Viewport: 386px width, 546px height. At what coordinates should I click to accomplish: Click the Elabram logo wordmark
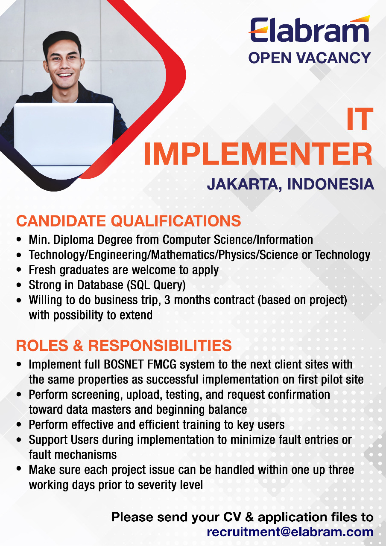(x=310, y=29)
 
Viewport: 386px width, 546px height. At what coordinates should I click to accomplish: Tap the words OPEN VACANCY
(x=310, y=58)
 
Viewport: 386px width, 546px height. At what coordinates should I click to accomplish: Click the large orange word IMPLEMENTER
(x=258, y=154)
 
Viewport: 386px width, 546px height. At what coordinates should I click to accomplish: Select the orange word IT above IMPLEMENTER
(x=360, y=119)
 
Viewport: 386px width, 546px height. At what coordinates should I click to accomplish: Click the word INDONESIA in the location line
(x=330, y=184)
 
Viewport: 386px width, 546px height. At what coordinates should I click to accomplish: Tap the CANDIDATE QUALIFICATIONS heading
(x=129, y=221)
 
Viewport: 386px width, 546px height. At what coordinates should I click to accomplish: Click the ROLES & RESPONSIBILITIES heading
(x=124, y=346)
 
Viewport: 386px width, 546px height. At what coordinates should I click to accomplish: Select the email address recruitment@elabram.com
(x=290, y=532)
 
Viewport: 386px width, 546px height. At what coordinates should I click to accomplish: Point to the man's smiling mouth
(x=64, y=75)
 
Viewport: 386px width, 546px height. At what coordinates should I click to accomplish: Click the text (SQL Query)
(x=156, y=285)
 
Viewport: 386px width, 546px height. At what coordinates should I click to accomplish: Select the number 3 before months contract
(x=167, y=300)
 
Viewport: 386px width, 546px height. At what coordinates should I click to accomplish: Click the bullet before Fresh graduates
(x=19, y=270)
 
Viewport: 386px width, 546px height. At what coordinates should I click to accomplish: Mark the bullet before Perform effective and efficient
(x=19, y=425)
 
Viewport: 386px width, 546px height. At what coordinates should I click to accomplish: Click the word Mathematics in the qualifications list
(x=184, y=255)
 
